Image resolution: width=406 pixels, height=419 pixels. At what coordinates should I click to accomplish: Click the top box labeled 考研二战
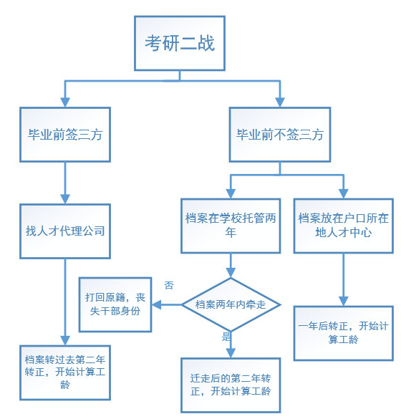[180, 43]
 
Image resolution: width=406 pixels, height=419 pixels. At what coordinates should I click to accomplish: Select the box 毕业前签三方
[65, 135]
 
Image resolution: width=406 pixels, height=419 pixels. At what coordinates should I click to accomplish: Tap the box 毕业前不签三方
[280, 135]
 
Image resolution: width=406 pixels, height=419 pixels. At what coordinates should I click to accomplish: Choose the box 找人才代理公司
[65, 231]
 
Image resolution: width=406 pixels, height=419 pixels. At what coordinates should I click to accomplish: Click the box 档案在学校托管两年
[231, 226]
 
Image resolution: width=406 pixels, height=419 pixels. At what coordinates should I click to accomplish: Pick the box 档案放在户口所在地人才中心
[344, 226]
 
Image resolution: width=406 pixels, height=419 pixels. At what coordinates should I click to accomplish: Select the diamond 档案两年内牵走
[231, 304]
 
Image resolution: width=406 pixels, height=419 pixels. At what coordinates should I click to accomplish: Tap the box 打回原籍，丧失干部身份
[115, 304]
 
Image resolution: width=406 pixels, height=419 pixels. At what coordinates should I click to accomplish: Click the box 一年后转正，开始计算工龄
[344, 333]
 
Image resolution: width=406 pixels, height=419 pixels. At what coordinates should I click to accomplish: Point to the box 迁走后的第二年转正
[231, 385]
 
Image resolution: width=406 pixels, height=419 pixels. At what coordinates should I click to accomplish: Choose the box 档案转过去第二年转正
[65, 372]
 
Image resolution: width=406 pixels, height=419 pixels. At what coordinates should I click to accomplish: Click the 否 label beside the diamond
[169, 285]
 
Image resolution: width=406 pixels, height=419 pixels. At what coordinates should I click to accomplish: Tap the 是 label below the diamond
[226, 337]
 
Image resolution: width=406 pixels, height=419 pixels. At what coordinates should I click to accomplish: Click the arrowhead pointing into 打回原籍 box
[157, 304]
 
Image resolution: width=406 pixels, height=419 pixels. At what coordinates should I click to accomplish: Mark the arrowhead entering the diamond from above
[231, 273]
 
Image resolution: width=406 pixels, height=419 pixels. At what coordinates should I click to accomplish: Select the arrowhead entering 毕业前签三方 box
[65, 102]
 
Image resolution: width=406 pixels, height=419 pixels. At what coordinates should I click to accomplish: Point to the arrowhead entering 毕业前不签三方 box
[280, 102]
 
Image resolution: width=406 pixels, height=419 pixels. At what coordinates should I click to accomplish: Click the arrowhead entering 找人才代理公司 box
[65, 199]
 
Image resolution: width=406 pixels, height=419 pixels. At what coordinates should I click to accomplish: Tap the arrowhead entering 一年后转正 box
[344, 301]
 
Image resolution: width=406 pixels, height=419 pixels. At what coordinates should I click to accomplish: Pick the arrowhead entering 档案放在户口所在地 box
[344, 193]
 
